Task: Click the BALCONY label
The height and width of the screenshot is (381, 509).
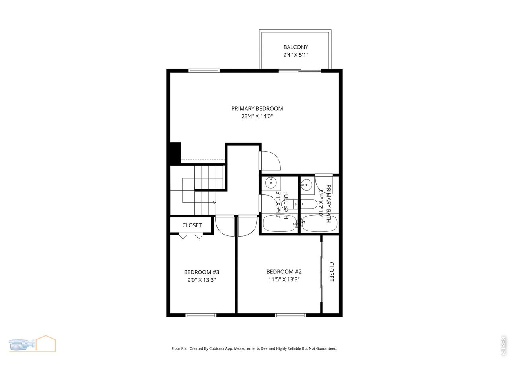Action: (295, 47)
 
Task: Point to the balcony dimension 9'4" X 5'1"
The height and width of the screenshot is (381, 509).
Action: (295, 56)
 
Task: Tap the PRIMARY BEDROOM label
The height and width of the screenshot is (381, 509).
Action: (257, 108)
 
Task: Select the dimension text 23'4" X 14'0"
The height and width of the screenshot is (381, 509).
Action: (257, 117)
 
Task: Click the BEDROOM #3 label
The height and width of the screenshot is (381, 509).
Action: (202, 272)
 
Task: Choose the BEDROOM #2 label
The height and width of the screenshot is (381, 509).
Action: (284, 272)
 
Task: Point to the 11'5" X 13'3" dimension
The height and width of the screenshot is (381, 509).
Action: (284, 279)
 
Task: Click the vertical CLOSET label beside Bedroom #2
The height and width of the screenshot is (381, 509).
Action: (331, 272)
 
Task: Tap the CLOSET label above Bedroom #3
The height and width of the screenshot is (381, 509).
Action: (192, 225)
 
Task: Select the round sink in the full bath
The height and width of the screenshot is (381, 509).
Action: (271, 183)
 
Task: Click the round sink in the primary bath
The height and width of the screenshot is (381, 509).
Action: (306, 184)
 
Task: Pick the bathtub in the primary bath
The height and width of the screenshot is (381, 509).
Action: (319, 223)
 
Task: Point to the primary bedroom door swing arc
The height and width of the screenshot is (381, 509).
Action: (274, 159)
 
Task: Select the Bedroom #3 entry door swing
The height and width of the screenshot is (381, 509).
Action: (223, 228)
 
